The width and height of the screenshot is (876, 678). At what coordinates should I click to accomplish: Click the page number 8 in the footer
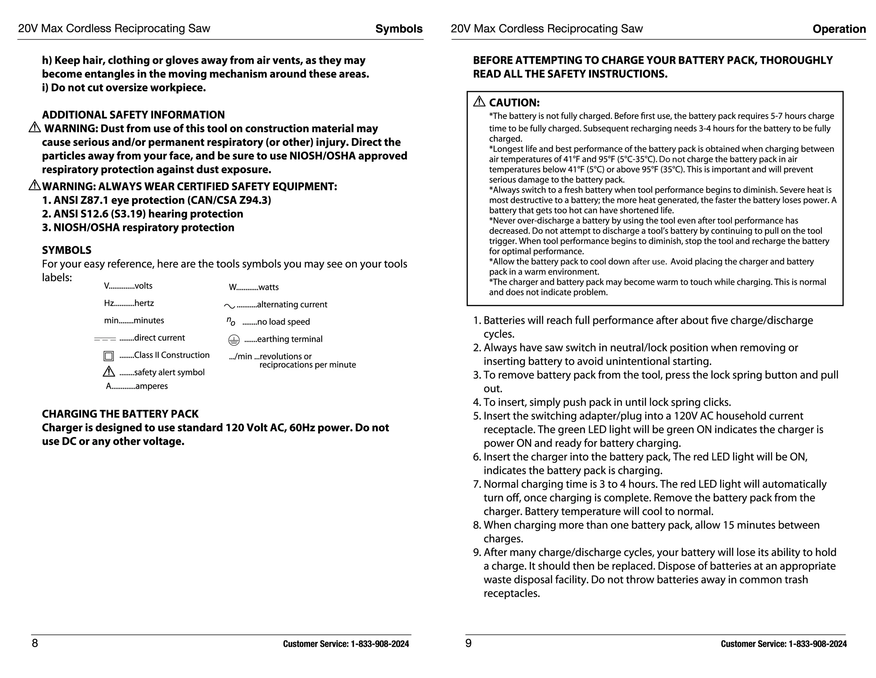click(35, 643)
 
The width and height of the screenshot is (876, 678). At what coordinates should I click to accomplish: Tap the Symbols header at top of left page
click(399, 29)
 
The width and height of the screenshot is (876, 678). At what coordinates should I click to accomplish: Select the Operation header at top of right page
click(839, 29)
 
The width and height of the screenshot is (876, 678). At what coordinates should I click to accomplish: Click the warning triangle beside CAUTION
click(479, 102)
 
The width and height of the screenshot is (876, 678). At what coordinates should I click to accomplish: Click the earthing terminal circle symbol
click(234, 340)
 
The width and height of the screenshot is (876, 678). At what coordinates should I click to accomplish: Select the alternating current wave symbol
click(230, 306)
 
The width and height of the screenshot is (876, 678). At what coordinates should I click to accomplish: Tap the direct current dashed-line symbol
click(105, 339)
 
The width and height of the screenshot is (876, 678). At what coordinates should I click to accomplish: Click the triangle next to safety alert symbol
click(109, 372)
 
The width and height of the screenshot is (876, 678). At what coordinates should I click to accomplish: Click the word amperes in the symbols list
click(151, 386)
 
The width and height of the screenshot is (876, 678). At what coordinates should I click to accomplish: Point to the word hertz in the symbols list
click(144, 303)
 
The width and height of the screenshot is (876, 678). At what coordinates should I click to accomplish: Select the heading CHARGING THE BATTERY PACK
click(120, 414)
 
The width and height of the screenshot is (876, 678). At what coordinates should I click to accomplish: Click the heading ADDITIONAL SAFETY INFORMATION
click(133, 115)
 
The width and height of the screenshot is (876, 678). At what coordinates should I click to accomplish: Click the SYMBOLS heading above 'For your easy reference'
click(67, 250)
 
